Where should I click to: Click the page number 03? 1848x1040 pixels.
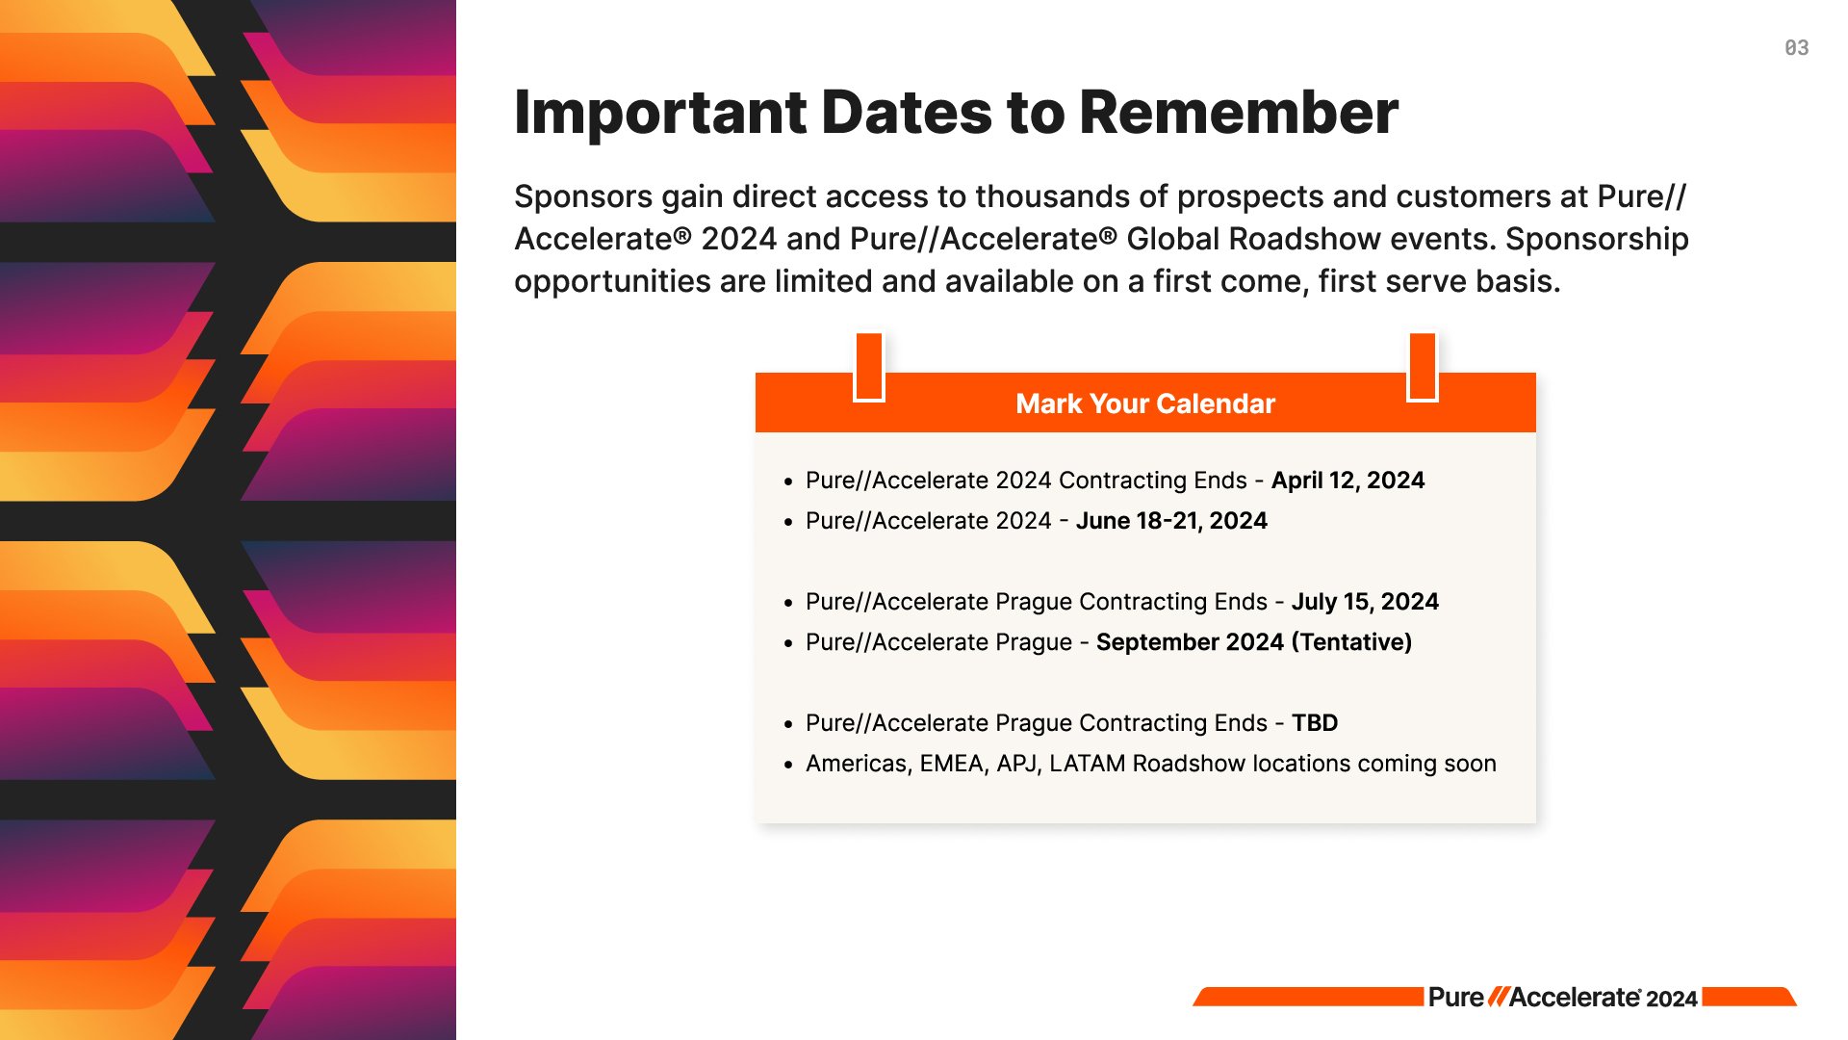pos(1796,48)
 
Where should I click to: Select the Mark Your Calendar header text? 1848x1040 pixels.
pos(1144,403)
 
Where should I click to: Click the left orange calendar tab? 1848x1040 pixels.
pos(869,367)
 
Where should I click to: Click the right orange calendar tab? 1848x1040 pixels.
pos(1422,367)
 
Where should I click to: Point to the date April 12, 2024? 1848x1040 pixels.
pos(1347,481)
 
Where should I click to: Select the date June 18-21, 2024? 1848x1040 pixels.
pos(1170,521)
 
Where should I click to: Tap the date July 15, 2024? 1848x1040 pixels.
pos(1364,602)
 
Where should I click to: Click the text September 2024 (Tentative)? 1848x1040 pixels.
pos(1253,642)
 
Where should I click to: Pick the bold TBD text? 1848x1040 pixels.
pos(1314,723)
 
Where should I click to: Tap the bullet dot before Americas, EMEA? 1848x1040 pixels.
pos(787,766)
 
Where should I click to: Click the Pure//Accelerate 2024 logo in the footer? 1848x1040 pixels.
pos(1561,998)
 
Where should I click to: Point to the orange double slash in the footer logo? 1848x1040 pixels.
pos(1497,998)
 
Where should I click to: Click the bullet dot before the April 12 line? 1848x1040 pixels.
pos(787,482)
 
